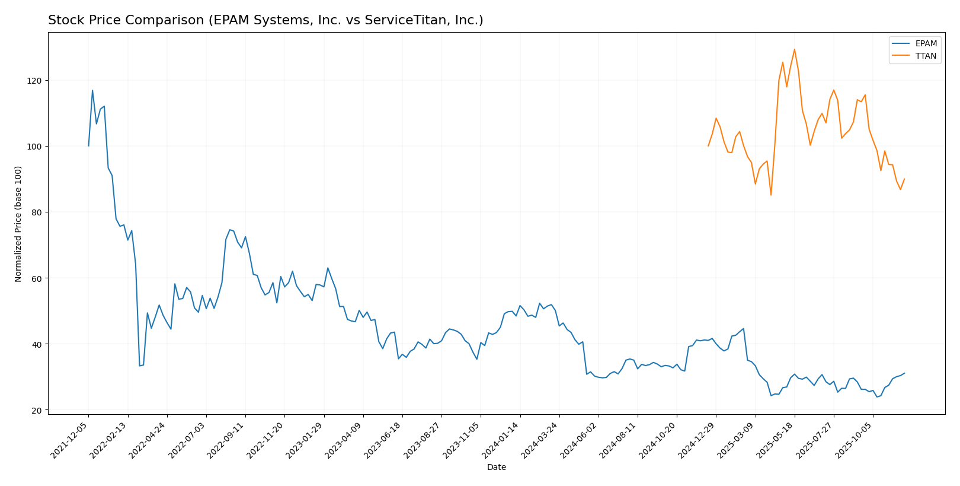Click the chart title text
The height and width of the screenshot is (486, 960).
(265, 21)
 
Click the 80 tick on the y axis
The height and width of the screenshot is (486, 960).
(36, 212)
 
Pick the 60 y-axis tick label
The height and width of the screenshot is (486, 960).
(36, 278)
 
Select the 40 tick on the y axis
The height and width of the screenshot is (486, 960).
(36, 344)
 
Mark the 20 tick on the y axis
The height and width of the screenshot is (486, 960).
(36, 411)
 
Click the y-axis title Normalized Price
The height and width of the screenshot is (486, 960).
(18, 224)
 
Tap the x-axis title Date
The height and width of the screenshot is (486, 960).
(497, 468)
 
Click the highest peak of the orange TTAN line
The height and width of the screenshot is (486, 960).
(794, 49)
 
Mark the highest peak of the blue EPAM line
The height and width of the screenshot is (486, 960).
(92, 90)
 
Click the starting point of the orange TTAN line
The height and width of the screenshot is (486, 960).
(708, 146)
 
